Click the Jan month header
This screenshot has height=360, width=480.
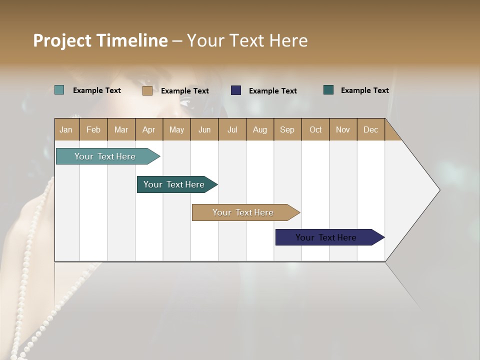(x=66, y=129)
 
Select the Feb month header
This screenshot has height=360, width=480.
(x=93, y=129)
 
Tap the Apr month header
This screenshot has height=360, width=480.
(x=148, y=129)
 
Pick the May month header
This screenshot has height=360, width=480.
(x=176, y=129)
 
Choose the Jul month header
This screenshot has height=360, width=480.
(x=232, y=129)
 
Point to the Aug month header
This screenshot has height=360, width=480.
(x=259, y=129)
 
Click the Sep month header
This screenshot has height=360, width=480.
(x=287, y=129)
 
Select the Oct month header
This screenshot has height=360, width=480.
(x=315, y=129)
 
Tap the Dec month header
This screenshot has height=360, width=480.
(x=370, y=129)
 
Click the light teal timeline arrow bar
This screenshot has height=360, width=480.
(x=105, y=156)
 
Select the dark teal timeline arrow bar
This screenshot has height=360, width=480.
(x=174, y=184)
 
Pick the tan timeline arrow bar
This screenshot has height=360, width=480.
(x=243, y=212)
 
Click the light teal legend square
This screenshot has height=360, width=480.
(x=59, y=90)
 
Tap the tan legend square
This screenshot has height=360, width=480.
(x=147, y=90)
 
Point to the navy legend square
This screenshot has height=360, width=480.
(x=236, y=90)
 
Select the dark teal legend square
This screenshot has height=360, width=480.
(x=328, y=90)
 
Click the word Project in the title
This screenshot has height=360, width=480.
(x=62, y=40)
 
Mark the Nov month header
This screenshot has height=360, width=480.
(x=342, y=129)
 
